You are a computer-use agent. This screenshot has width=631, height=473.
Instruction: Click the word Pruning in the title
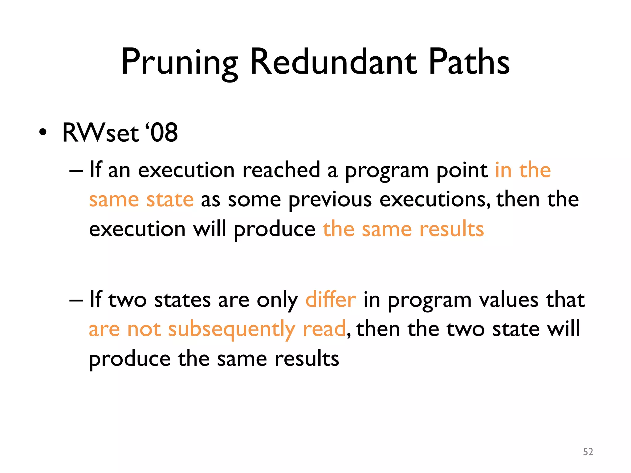tap(180, 63)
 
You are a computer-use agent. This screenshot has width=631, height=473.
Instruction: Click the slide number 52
tap(588, 452)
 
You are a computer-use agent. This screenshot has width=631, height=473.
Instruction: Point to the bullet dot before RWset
tap(43, 133)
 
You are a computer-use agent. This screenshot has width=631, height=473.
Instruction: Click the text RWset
tap(100, 133)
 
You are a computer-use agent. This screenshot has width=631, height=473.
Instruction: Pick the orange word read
tap(324, 329)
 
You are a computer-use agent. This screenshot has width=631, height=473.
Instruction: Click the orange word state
tap(170, 199)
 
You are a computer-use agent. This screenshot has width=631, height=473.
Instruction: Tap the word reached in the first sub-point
tap(281, 170)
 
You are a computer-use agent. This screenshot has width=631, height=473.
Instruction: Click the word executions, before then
tap(435, 199)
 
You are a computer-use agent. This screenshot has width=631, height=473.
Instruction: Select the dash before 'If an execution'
tap(76, 170)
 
